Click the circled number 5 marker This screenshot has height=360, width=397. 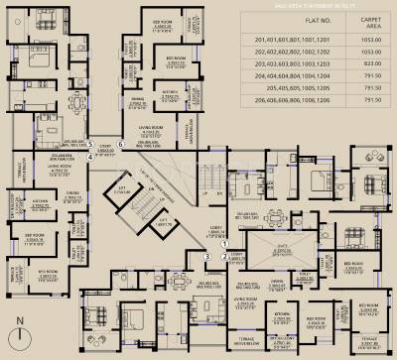pos(90,144)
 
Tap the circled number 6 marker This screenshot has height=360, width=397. pos(120,144)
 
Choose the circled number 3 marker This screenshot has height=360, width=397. pos(207,256)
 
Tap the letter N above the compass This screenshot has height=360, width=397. pos(20,319)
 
